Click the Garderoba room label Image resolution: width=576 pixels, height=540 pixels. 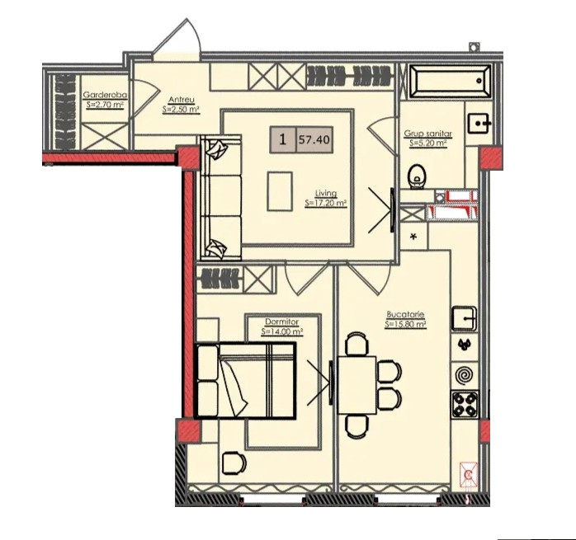(105, 94)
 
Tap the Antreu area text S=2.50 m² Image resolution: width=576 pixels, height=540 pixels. (181, 110)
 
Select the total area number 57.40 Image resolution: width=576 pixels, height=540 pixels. (314, 139)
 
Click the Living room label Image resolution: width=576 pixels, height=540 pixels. (326, 193)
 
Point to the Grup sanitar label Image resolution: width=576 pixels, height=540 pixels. (428, 134)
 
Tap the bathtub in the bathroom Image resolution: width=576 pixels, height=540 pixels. (450, 82)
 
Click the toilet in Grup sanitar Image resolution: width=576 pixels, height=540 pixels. (417, 177)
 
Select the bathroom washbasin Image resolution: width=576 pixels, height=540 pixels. (479, 124)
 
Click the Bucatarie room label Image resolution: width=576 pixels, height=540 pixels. (405, 315)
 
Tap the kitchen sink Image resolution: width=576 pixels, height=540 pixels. (465, 318)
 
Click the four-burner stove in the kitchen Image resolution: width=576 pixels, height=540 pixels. (465, 404)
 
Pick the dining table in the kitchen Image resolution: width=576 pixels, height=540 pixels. (356, 385)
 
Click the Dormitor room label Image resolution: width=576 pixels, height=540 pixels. (281, 322)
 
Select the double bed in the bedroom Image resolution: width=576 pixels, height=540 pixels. (245, 381)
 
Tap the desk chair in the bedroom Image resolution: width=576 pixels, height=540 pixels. (234, 463)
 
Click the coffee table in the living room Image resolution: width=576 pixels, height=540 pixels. (280, 191)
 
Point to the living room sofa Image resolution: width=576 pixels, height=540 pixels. (221, 198)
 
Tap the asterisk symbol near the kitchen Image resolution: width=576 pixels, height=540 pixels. (413, 237)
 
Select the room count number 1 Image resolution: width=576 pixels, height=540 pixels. (282, 139)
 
